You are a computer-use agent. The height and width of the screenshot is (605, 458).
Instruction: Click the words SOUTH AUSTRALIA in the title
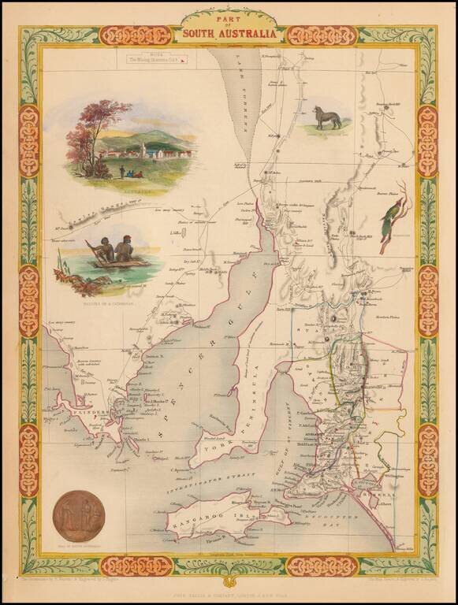click(229, 34)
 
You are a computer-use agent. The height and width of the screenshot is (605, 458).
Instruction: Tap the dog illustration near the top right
click(327, 117)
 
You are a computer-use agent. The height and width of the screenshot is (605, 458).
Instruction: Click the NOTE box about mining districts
click(158, 57)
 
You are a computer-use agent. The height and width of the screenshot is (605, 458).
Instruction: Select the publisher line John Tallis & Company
click(229, 586)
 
